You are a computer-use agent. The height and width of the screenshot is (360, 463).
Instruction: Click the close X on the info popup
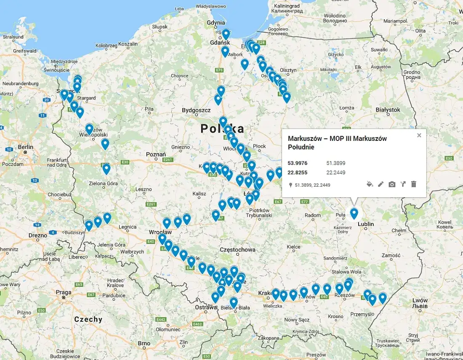[419, 135]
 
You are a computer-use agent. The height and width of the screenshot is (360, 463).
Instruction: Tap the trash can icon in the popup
[413, 184]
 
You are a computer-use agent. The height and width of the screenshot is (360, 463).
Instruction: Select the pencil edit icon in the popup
[381, 184]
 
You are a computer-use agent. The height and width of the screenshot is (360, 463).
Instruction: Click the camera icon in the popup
[392, 184]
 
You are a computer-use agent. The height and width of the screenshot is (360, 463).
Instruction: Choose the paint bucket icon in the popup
[370, 184]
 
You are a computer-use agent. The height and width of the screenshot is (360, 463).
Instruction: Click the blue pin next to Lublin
[354, 214]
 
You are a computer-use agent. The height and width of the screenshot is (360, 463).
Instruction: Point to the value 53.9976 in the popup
[297, 163]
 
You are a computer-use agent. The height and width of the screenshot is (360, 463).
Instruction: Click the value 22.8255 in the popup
[297, 173]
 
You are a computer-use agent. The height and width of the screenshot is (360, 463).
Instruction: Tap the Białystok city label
[388, 109]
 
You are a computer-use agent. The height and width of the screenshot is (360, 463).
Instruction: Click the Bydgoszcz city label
[196, 110]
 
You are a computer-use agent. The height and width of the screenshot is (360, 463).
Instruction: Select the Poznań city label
[156, 154]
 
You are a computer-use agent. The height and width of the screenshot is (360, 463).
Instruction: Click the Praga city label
[64, 292]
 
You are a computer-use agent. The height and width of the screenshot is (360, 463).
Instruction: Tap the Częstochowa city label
[237, 249]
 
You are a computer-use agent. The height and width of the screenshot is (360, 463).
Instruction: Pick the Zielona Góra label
[103, 183]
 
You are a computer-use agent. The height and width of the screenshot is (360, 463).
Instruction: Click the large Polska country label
[222, 128]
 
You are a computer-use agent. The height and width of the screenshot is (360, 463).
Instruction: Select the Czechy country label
[88, 319]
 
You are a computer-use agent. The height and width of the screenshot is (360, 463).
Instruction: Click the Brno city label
[144, 343]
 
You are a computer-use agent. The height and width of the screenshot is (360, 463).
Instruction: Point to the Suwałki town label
[379, 50]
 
